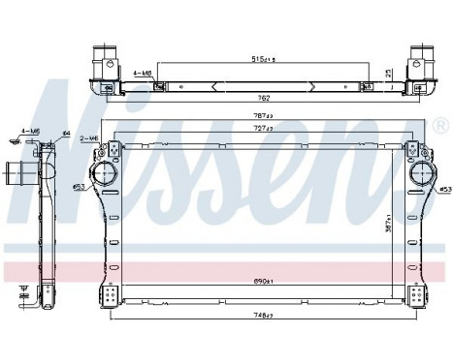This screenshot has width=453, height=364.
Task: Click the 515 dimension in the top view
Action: tap(259, 60)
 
